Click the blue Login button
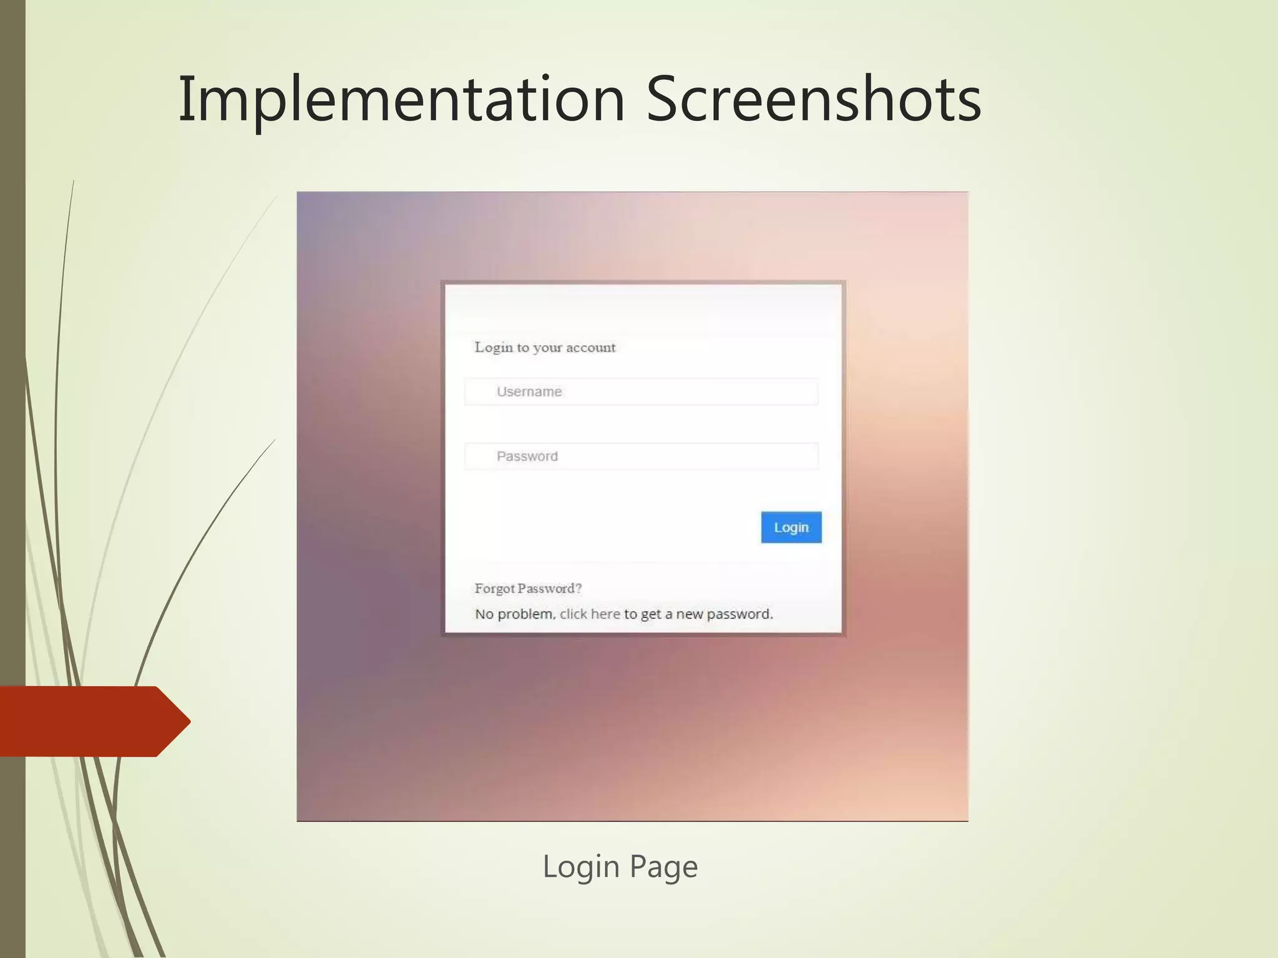coord(791,528)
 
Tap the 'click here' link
coord(590,614)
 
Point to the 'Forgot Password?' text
coord(528,588)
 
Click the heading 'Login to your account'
coord(545,347)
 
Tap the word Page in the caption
coord(663,867)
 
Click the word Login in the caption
coord(581,867)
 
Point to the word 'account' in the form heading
coord(590,348)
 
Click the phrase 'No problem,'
coord(515,614)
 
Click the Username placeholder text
coord(529,392)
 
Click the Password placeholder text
coord(527,457)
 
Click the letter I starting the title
coord(184,100)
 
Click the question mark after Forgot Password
coord(578,588)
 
